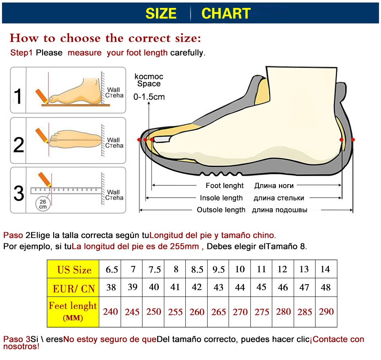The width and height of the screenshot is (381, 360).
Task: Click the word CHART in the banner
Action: coord(226,13)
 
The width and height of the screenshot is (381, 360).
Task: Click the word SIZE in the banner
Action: coord(161,13)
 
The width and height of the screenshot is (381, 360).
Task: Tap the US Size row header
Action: coord(73,270)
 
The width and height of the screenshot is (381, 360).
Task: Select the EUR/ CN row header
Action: coord(73,288)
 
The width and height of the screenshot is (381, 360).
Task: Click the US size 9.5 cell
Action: coord(218,270)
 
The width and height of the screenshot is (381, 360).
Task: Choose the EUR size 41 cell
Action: coord(175,287)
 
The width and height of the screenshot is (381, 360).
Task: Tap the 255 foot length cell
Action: coord(175,312)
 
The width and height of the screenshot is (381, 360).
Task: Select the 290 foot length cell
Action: coord(326,312)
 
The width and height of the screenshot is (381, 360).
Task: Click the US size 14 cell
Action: coord(325,269)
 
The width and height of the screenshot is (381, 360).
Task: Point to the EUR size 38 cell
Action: coord(111,287)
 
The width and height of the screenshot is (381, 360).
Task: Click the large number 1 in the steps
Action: coord(18,96)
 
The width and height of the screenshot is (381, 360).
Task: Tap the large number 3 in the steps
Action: coord(19,193)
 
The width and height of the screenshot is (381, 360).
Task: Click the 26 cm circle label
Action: coord(42,204)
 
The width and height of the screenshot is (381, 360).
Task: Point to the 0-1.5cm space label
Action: coord(149,96)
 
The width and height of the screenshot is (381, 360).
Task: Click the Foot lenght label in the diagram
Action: coord(224,185)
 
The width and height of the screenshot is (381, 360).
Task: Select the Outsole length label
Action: coord(221,210)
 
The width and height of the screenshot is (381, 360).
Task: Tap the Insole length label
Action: coord(221,198)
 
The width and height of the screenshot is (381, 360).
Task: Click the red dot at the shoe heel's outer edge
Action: coord(353,140)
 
